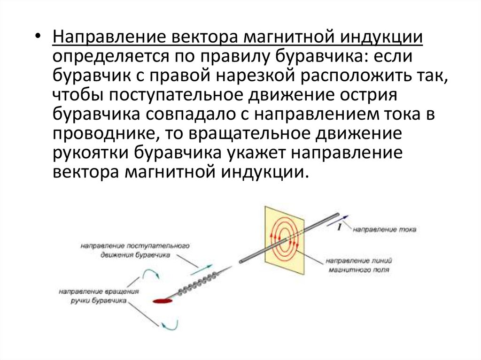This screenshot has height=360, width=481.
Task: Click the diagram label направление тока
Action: (384, 230)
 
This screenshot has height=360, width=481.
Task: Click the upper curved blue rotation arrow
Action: (151, 274)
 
